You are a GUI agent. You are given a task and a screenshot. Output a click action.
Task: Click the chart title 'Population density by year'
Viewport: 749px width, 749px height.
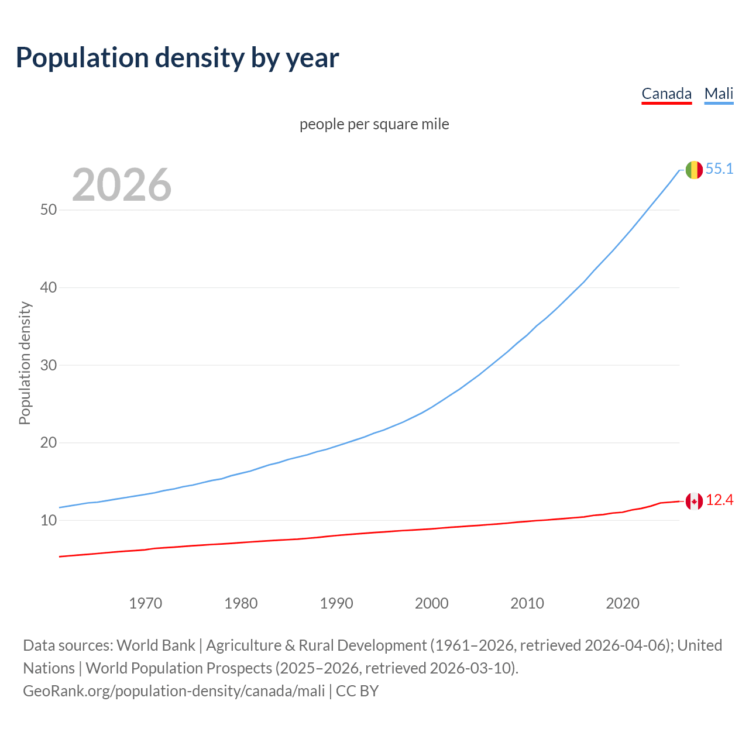tap(177, 58)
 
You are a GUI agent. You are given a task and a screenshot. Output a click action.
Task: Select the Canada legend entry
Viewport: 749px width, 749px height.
tap(666, 94)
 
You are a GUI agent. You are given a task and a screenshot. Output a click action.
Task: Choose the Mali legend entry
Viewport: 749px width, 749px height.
tap(719, 94)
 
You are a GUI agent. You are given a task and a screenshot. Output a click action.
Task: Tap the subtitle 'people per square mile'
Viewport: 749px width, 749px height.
tap(374, 125)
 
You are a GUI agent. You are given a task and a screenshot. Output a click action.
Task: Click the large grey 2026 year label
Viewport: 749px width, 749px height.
tap(122, 185)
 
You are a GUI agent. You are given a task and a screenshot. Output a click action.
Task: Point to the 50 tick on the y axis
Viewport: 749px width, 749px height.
tap(49, 209)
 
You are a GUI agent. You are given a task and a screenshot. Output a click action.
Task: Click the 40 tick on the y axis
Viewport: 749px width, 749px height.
tap(49, 287)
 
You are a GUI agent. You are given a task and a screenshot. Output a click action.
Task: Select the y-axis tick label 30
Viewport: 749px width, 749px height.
tap(49, 365)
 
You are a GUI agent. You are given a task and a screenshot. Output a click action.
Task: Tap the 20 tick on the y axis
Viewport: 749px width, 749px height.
tap(49, 442)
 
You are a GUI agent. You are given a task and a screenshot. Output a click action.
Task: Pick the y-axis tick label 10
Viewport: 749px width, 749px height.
tap(49, 520)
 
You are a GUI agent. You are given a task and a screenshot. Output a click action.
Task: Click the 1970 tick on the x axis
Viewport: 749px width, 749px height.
tap(145, 603)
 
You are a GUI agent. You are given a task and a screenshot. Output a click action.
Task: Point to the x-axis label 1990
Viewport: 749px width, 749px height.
tap(336, 603)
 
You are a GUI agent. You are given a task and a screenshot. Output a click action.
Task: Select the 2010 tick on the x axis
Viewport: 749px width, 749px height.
tap(527, 603)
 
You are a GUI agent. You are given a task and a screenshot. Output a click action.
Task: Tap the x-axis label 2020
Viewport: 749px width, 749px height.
tap(623, 603)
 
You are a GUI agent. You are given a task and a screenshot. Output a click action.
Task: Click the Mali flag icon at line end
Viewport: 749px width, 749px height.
tap(694, 170)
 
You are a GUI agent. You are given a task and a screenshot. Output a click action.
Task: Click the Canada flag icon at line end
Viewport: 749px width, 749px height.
tap(694, 501)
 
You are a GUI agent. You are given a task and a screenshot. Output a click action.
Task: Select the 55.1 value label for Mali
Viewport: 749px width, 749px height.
tap(719, 169)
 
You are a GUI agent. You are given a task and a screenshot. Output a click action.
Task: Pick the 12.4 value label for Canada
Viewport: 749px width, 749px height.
tap(719, 500)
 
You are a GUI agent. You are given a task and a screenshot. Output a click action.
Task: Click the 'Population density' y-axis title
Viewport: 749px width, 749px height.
tap(25, 363)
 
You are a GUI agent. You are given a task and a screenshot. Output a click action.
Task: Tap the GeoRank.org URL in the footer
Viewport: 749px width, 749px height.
tap(174, 691)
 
